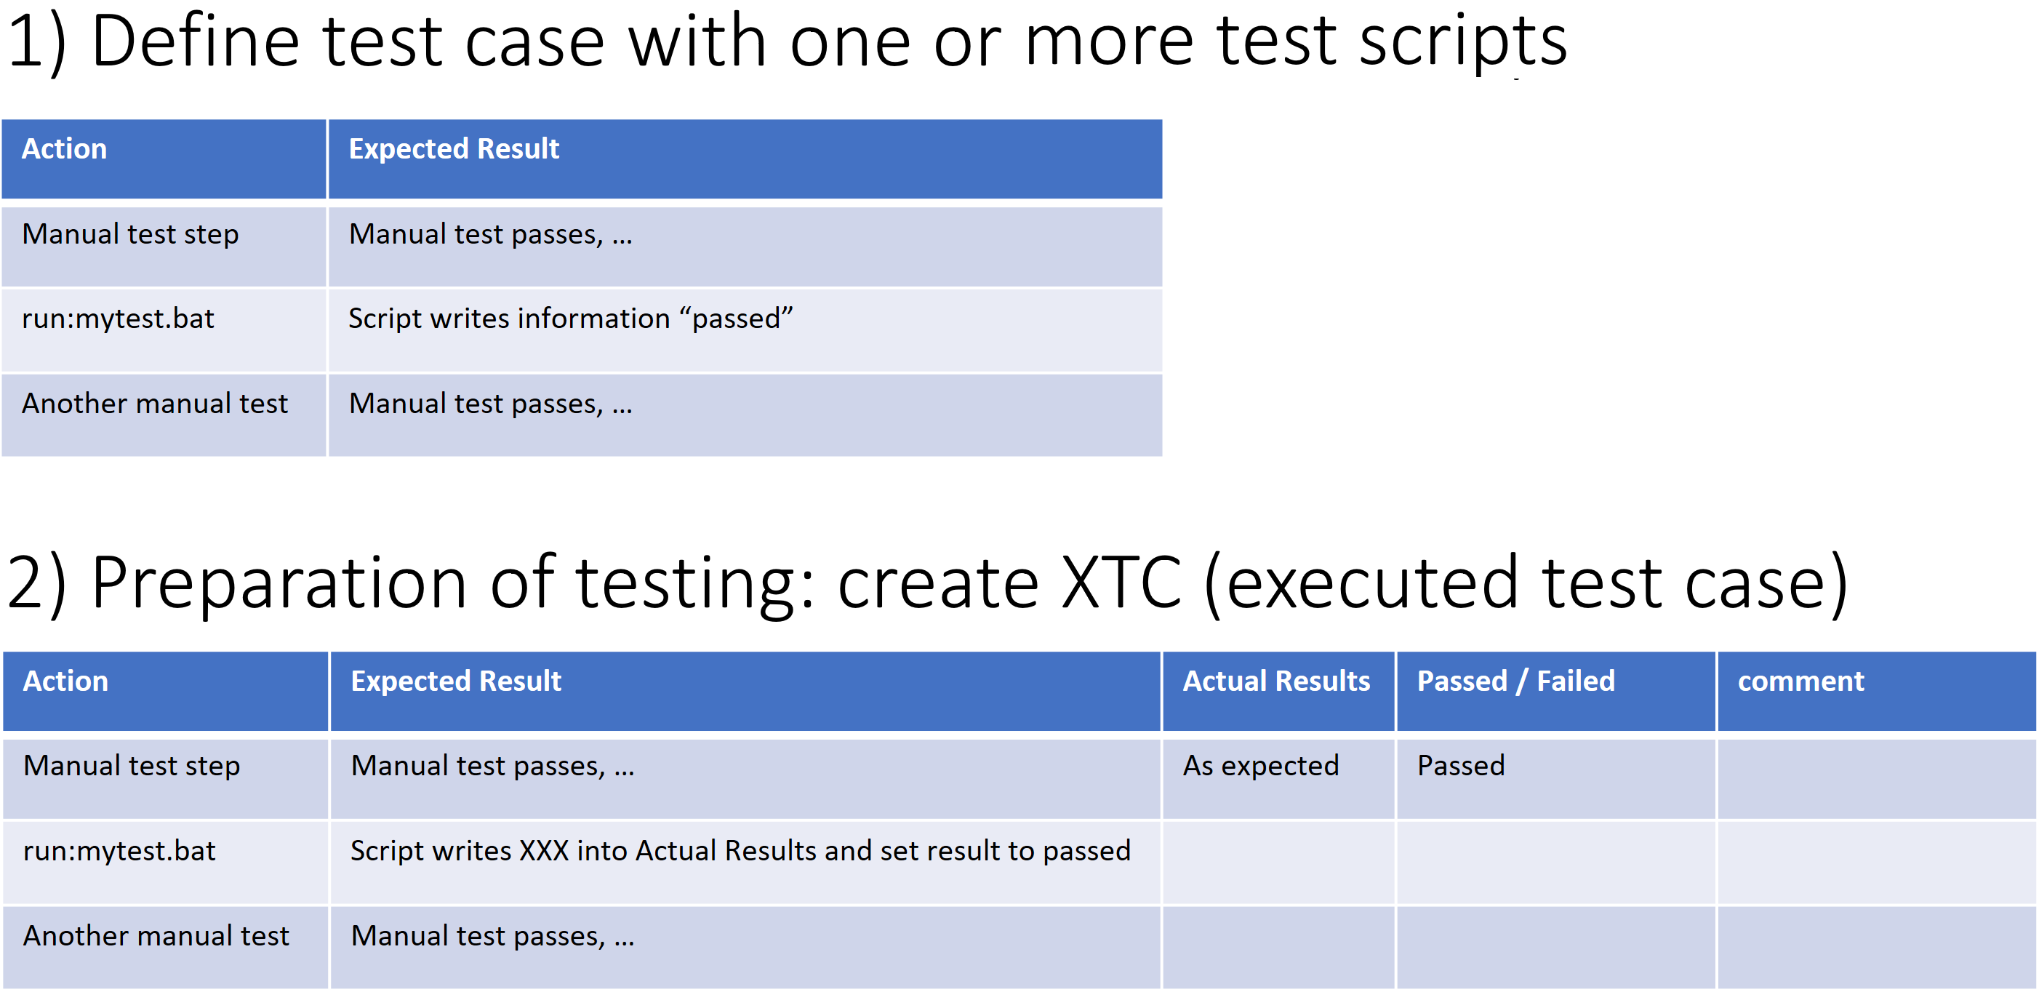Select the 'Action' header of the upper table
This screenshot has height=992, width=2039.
pyautogui.click(x=64, y=149)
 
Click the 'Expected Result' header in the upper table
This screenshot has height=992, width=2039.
pyautogui.click(x=454, y=149)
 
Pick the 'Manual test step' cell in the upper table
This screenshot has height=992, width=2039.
pyautogui.click(x=131, y=234)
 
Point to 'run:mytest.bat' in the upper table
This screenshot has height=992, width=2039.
pyautogui.click(x=118, y=319)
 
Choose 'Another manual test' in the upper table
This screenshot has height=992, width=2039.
pyautogui.click(x=155, y=403)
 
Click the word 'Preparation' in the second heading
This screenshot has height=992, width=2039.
pyautogui.click(x=279, y=584)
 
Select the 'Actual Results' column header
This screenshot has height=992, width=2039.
pyautogui.click(x=1276, y=681)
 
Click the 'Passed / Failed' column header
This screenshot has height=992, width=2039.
pyautogui.click(x=1515, y=681)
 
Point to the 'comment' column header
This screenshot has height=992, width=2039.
pyautogui.click(x=1800, y=681)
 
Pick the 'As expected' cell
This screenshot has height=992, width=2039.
pyautogui.click(x=1261, y=766)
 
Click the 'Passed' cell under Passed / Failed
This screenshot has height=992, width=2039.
pyautogui.click(x=1460, y=766)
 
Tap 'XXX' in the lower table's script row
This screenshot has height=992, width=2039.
pyautogui.click(x=544, y=850)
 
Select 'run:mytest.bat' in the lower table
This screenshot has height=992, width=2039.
pyautogui.click(x=119, y=850)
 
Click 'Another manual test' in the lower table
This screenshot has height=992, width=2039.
pyautogui.click(x=157, y=935)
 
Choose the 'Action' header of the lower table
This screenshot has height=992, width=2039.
pyautogui.click(x=65, y=681)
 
